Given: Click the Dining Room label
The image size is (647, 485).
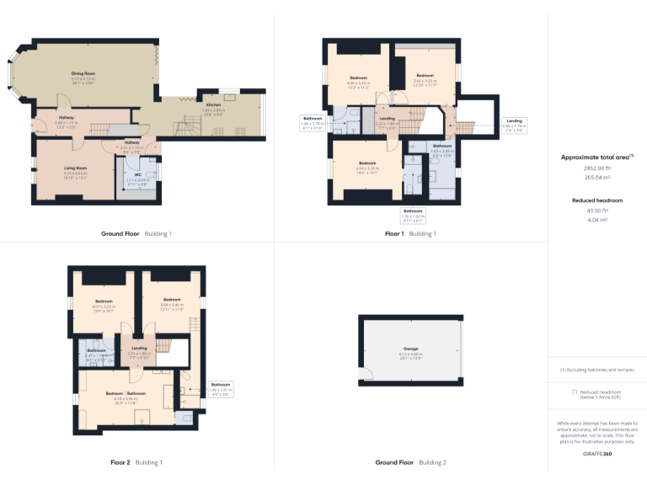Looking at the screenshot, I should point(83,74).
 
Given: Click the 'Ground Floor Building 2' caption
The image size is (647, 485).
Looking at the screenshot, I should point(410,462).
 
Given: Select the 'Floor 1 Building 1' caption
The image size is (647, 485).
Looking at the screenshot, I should point(410,233).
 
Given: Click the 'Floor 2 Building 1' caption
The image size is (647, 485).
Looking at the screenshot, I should point(136,462).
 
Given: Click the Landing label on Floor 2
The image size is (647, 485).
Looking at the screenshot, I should point(139,348).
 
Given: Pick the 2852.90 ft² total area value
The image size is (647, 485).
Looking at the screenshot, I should point(597,168).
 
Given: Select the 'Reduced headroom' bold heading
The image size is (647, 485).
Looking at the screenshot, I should point(597,200).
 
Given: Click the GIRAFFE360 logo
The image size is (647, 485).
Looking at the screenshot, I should point(596,454).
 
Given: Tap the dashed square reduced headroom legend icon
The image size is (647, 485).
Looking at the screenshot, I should point(574,392).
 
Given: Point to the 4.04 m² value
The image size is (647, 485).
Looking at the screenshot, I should point(597,219).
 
